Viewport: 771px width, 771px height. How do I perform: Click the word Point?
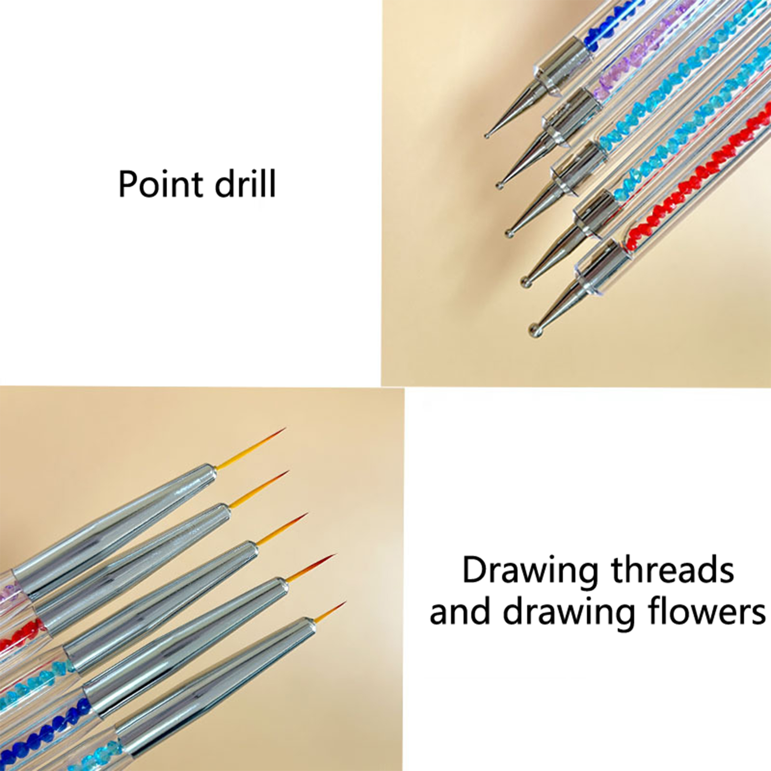click(161, 184)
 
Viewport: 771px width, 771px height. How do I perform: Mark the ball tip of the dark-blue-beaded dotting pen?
click(487, 135)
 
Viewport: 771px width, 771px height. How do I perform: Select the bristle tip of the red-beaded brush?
click(288, 472)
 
